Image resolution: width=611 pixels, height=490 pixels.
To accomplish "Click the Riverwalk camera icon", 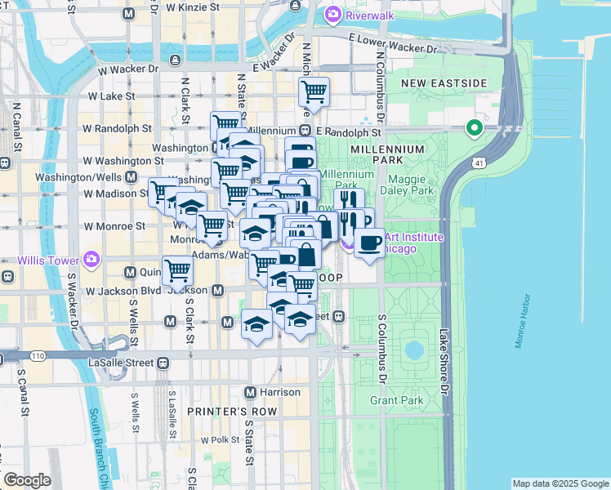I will click(332, 14).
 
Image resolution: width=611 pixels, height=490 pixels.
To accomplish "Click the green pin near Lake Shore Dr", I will click(473, 128).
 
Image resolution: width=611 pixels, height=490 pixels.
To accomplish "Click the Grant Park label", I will click(396, 400).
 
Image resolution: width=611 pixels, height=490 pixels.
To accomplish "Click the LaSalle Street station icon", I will click(163, 362).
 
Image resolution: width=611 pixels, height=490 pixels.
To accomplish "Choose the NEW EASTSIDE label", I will click(444, 83).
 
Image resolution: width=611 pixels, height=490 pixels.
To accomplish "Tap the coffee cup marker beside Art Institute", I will click(370, 242).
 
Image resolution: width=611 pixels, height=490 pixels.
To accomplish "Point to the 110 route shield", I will click(38, 356).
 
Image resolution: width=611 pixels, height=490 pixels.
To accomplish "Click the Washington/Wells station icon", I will click(131, 177).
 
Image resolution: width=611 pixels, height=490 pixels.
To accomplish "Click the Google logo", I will click(26, 480).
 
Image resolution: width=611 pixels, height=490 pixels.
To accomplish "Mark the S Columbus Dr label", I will click(381, 349).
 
